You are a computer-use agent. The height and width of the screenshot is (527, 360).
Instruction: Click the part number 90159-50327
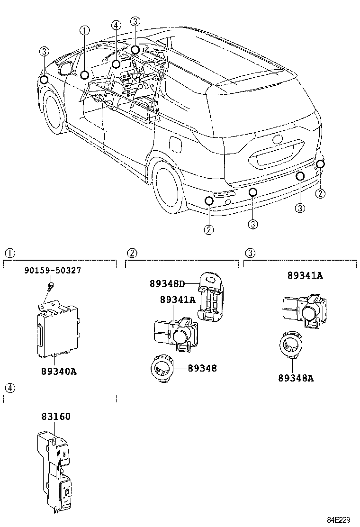coord(52,271)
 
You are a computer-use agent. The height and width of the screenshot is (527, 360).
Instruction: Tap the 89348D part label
coord(167,283)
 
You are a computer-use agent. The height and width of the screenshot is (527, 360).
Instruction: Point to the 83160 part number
coord(55,417)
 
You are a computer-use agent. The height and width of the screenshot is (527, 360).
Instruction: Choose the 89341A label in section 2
coord(177,300)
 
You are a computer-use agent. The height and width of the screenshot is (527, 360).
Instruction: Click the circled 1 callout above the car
coord(84,31)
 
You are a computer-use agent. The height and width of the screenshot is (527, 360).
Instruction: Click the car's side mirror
coord(66,67)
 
